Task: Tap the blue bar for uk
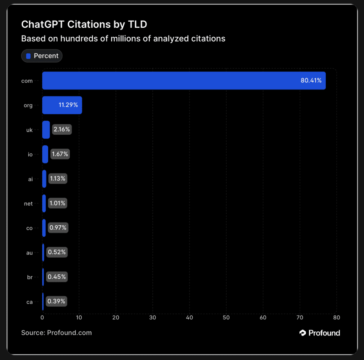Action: pyautogui.click(x=46, y=130)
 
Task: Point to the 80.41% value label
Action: pyautogui.click(x=311, y=81)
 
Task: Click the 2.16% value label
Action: pyautogui.click(x=62, y=130)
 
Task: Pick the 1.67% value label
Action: pyautogui.click(x=60, y=154)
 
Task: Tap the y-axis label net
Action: pyautogui.click(x=28, y=204)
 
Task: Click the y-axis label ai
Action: pyautogui.click(x=30, y=179)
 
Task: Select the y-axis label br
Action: pyautogui.click(x=30, y=277)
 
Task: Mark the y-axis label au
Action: pyautogui.click(x=30, y=253)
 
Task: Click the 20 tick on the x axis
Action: pyautogui.click(x=116, y=317)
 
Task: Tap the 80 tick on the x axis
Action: pyautogui.click(x=336, y=317)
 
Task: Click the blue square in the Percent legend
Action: pyautogui.click(x=28, y=56)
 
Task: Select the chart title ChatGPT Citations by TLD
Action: pyautogui.click(x=84, y=24)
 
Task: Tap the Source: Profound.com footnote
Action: pyautogui.click(x=57, y=333)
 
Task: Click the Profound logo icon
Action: pyautogui.click(x=303, y=333)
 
